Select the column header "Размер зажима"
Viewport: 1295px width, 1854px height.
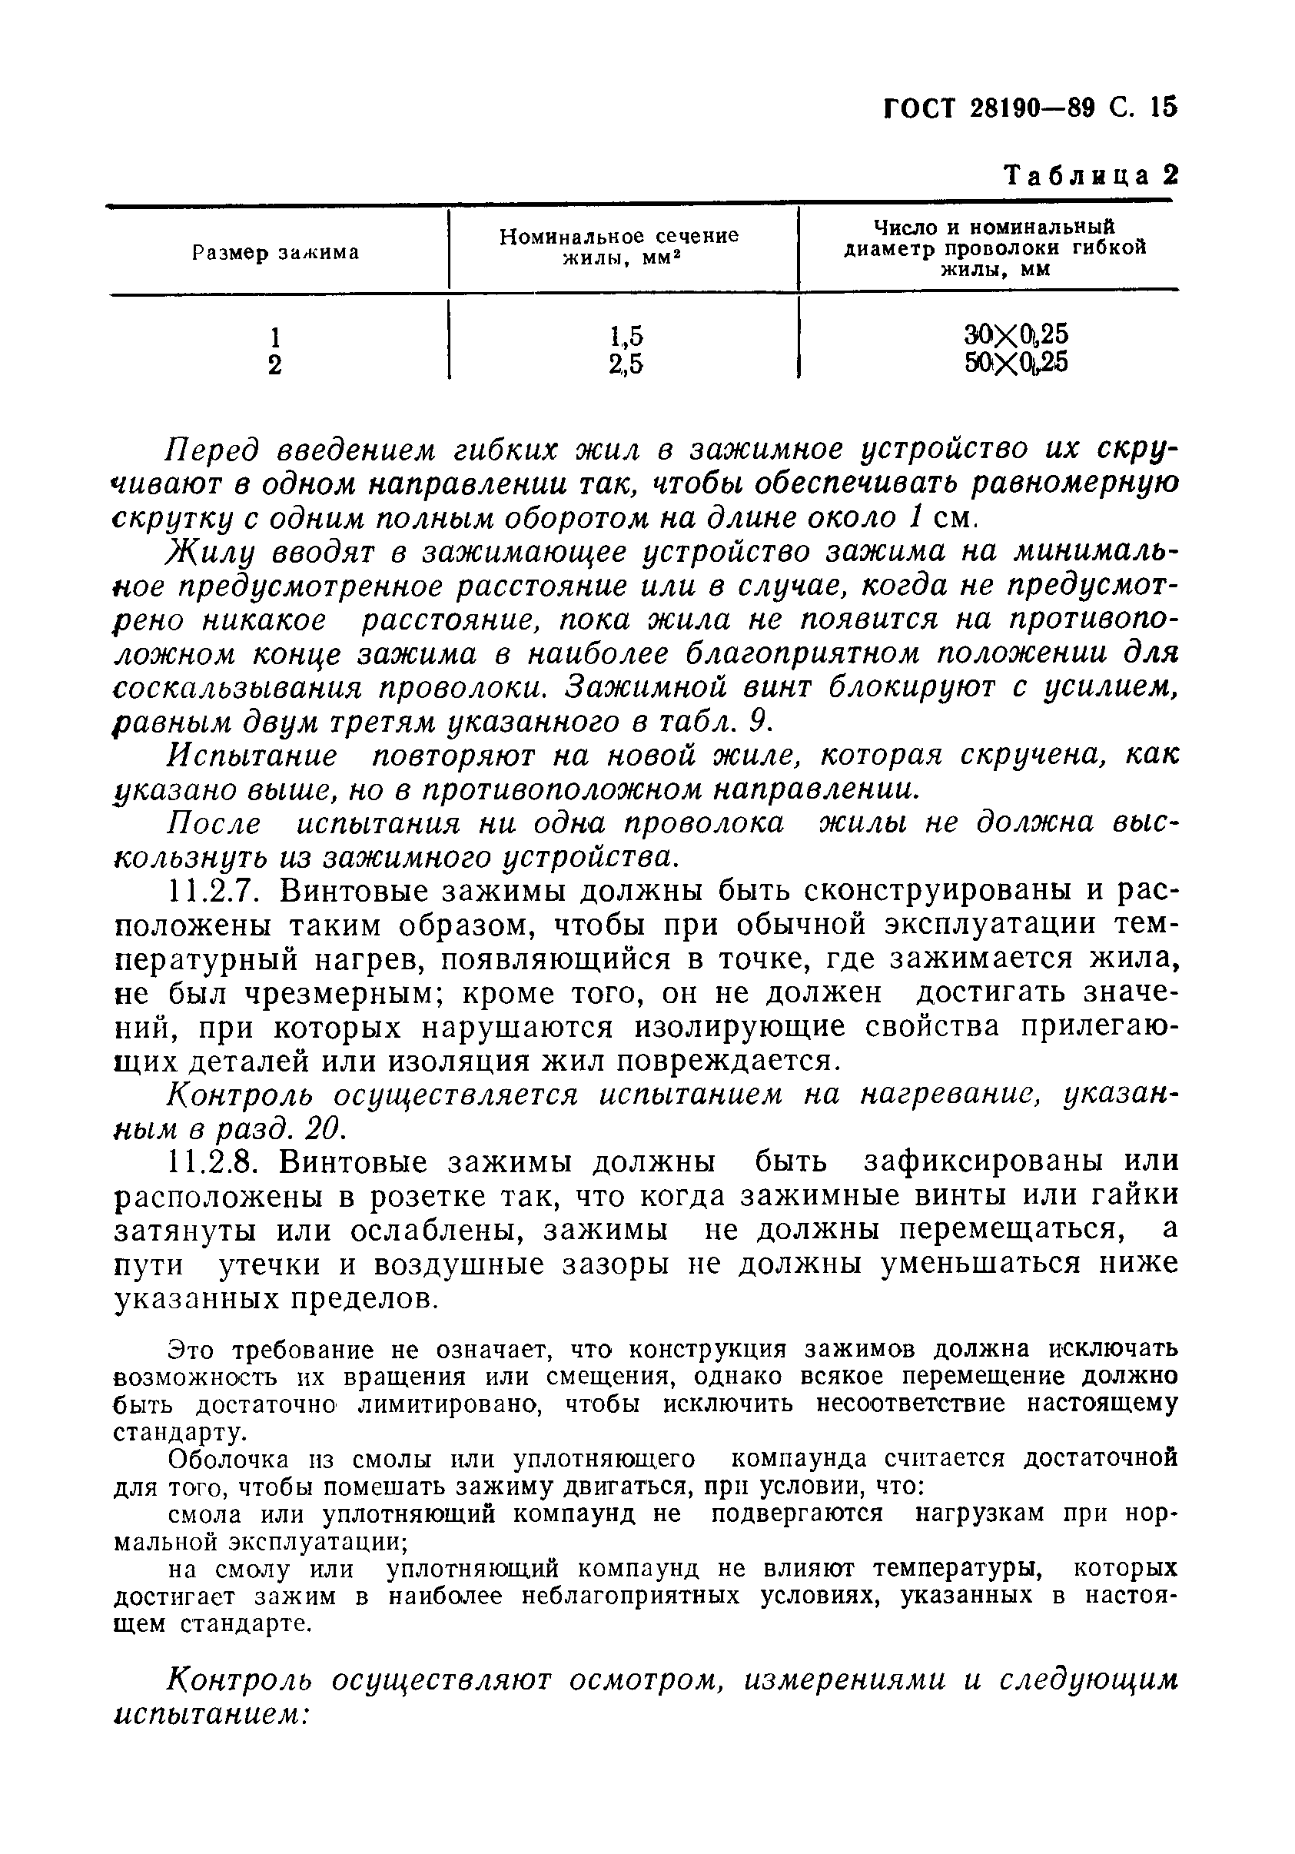(275, 253)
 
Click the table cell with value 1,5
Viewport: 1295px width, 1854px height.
(626, 335)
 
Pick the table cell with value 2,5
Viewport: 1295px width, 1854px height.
(626, 366)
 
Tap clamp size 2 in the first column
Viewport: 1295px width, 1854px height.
(274, 366)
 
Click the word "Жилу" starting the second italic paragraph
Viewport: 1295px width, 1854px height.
(207, 553)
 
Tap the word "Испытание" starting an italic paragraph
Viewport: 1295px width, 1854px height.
(252, 756)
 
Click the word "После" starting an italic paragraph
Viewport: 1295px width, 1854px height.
(213, 824)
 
